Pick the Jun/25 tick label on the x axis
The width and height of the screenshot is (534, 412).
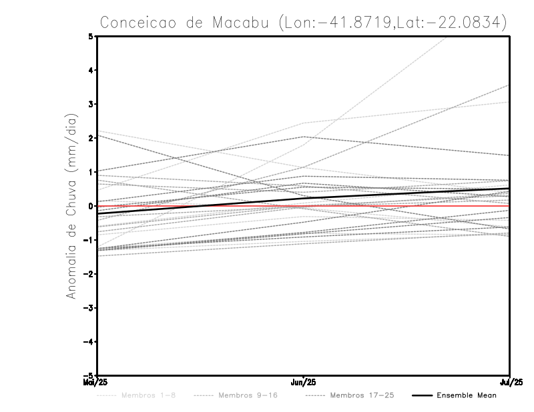[304, 382]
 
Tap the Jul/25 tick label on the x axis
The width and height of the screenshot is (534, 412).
[509, 382]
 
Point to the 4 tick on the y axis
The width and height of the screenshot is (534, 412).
[91, 70]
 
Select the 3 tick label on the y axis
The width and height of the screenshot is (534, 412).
[91, 104]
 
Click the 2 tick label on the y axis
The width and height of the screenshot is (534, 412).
[91, 138]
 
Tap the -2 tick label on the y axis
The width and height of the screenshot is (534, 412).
[89, 273]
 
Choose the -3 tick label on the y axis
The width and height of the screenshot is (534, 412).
[89, 307]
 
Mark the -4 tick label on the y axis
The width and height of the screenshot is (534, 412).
[89, 341]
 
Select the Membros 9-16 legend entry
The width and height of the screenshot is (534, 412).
[247, 395]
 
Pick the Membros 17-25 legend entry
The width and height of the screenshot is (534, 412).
[362, 395]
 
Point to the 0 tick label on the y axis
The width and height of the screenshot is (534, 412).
[91, 206]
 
